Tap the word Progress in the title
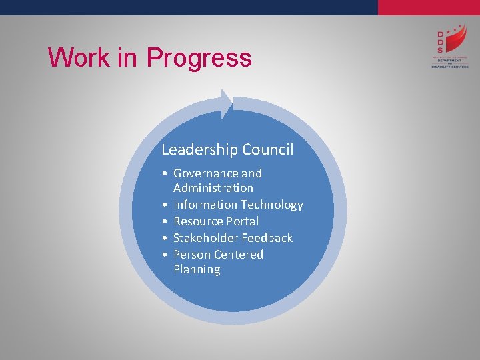(x=199, y=59)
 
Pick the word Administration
(x=213, y=188)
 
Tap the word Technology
(x=271, y=205)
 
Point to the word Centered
(x=239, y=255)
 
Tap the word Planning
(x=196, y=269)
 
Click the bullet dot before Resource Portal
(x=164, y=221)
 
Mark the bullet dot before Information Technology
(x=164, y=205)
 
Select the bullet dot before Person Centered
(x=164, y=255)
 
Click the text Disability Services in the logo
(x=450, y=67)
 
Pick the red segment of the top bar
(x=429, y=7)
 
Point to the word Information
(x=205, y=205)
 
